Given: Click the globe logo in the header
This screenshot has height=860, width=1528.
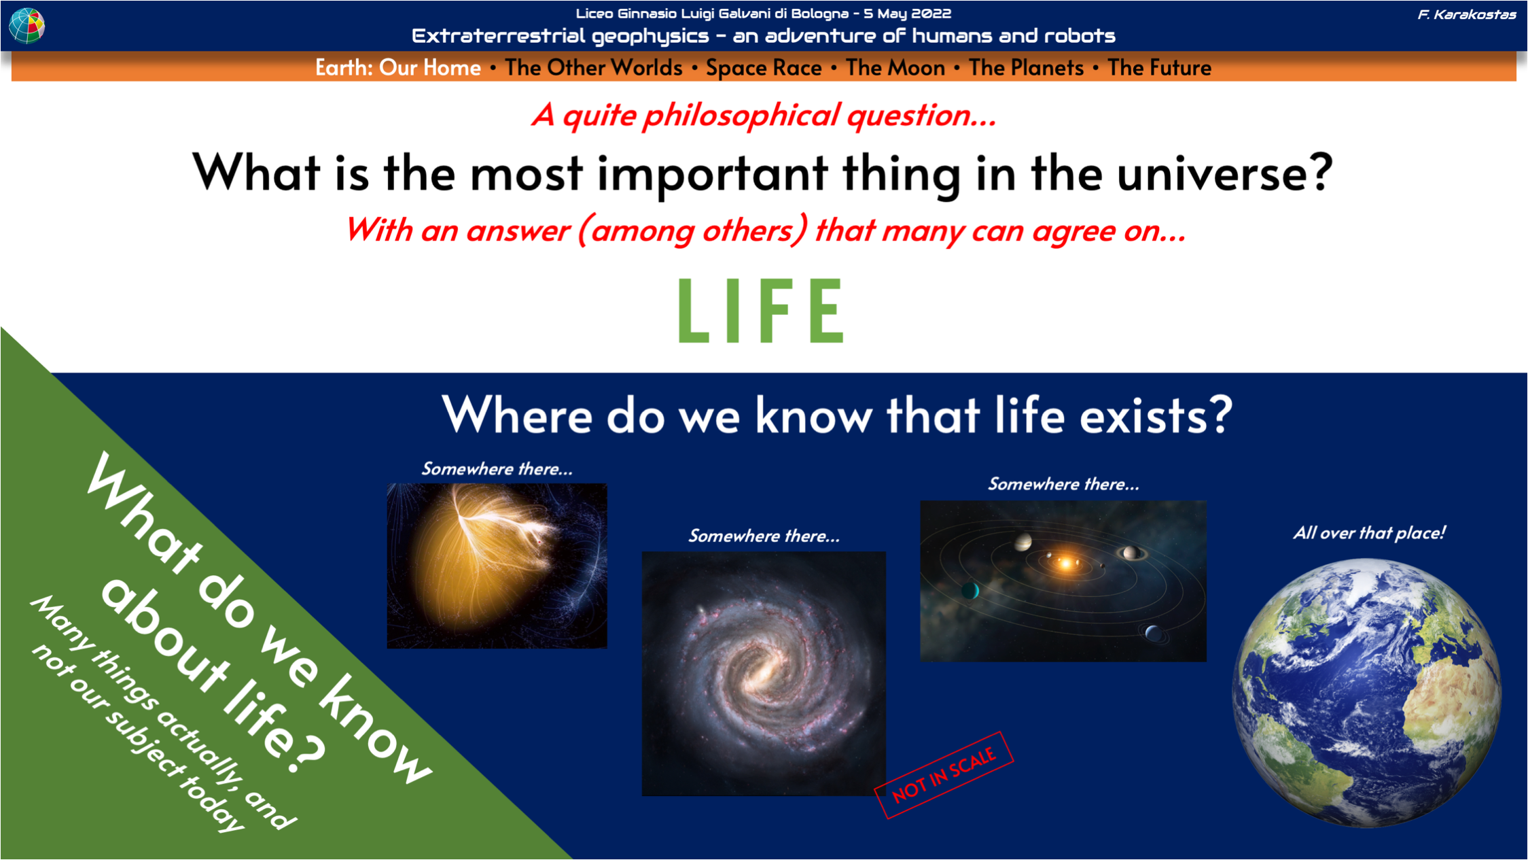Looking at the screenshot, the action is tap(26, 25).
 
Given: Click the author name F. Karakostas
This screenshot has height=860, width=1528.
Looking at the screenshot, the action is tap(1467, 14).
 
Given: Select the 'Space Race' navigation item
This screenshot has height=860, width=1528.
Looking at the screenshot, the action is tap(764, 68).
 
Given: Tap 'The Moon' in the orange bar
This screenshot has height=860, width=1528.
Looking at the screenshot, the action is tap(895, 68).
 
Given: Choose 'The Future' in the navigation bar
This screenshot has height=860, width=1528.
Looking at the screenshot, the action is tap(1159, 68).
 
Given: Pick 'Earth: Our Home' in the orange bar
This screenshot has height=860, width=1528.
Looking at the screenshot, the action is tap(398, 68).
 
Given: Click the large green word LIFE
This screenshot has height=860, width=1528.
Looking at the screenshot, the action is tap(761, 310).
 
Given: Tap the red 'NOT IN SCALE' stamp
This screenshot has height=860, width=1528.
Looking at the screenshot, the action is tap(944, 775).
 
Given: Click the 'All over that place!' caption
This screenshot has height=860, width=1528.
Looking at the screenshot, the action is tap(1369, 532).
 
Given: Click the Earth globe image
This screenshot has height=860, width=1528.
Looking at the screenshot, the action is tap(1367, 693).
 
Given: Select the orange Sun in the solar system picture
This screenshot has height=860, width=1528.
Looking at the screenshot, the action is tap(1065, 563).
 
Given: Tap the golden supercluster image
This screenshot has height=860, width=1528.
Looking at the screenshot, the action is tap(497, 566).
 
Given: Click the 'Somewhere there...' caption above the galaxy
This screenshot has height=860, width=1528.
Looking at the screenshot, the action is tap(764, 536).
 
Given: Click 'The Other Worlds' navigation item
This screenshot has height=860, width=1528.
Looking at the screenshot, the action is tap(594, 68).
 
